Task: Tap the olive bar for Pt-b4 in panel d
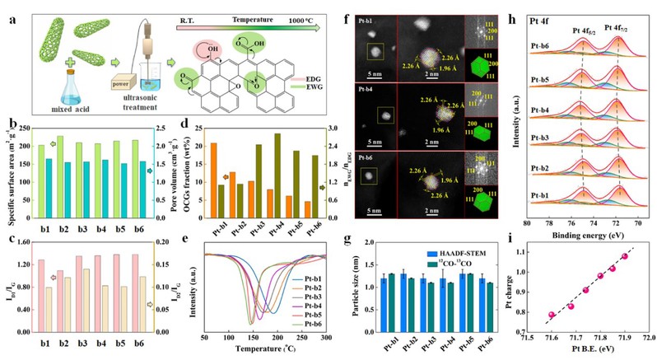pyautogui.click(x=277, y=168)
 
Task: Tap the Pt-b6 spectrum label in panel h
pyautogui.click(x=543, y=39)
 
